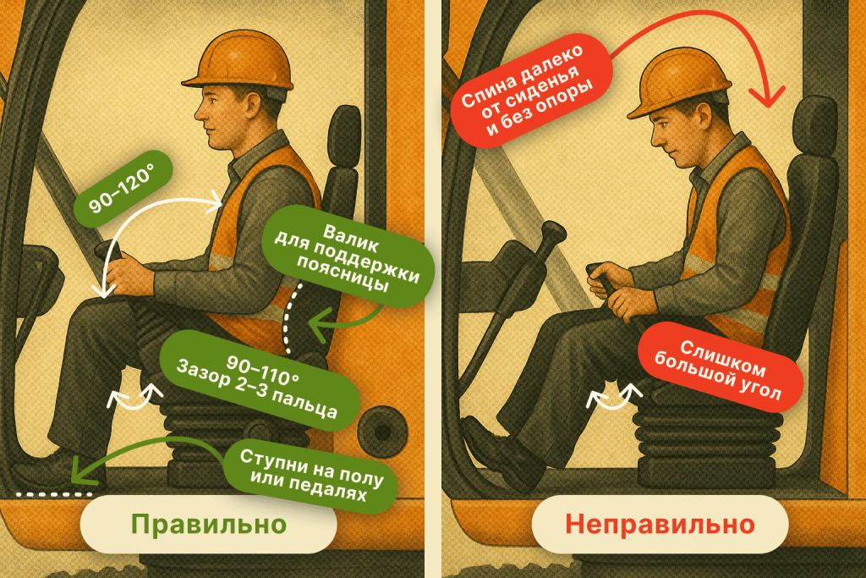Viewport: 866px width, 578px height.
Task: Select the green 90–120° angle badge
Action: (x=123, y=189)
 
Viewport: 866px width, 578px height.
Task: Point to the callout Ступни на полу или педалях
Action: (x=311, y=476)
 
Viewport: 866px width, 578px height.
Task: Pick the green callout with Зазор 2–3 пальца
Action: (x=260, y=380)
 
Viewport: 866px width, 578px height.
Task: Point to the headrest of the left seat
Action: (x=344, y=135)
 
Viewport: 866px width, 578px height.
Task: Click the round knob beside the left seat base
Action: (x=382, y=431)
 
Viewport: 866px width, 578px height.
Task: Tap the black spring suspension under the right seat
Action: (x=707, y=442)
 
